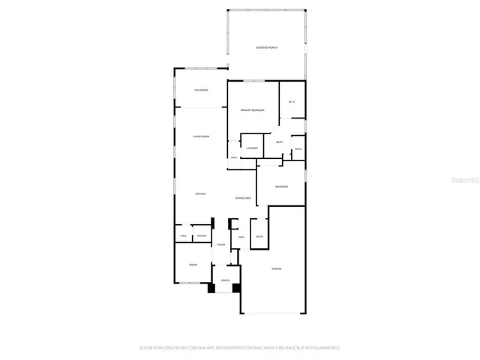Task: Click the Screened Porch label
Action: pyautogui.click(x=266, y=47)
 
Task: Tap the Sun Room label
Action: pyautogui.click(x=200, y=90)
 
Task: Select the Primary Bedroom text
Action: pyautogui.click(x=252, y=110)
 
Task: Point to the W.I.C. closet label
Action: pyautogui.click(x=291, y=103)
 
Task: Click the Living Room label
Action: pyautogui.click(x=200, y=136)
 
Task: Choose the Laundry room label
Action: pyautogui.click(x=251, y=148)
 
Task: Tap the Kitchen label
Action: pyautogui.click(x=200, y=194)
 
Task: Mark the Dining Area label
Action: pyautogui.click(x=242, y=198)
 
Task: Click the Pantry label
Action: pyautogui.click(x=201, y=237)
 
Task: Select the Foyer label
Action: pyautogui.click(x=221, y=244)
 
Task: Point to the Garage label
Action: pyautogui.click(x=276, y=268)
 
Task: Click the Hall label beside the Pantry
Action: pyautogui.click(x=183, y=237)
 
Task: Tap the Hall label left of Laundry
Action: pyautogui.click(x=234, y=157)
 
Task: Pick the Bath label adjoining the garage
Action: pyautogui.click(x=259, y=237)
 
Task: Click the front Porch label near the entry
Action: pyautogui.click(x=225, y=280)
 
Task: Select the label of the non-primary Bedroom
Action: pyautogui.click(x=281, y=187)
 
